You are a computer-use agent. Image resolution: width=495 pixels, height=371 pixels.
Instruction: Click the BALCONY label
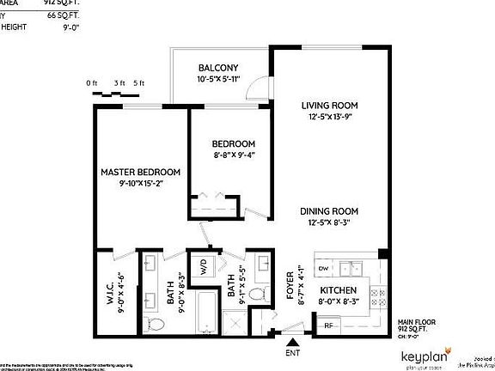click(217, 68)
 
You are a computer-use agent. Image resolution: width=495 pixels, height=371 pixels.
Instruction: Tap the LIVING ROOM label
click(329, 106)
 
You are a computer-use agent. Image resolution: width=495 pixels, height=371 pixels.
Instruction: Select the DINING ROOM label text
click(329, 211)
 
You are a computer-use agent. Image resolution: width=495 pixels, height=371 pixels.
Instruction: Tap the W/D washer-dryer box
click(203, 267)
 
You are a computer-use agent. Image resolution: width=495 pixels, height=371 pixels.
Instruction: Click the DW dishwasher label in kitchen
click(324, 269)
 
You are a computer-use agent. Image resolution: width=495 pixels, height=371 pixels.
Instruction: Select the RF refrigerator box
click(328, 325)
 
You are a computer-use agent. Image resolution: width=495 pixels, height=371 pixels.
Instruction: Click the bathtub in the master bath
click(207, 312)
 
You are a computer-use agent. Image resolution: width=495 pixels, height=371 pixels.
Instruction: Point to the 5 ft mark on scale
click(140, 82)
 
